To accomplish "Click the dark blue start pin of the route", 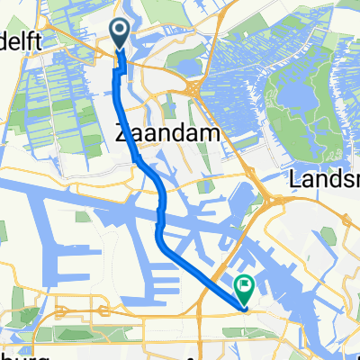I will click(x=121, y=34).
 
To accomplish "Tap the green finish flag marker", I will click(x=244, y=287).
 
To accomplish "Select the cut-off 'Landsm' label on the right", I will click(x=324, y=181).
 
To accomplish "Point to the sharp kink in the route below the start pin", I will click(x=115, y=72).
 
